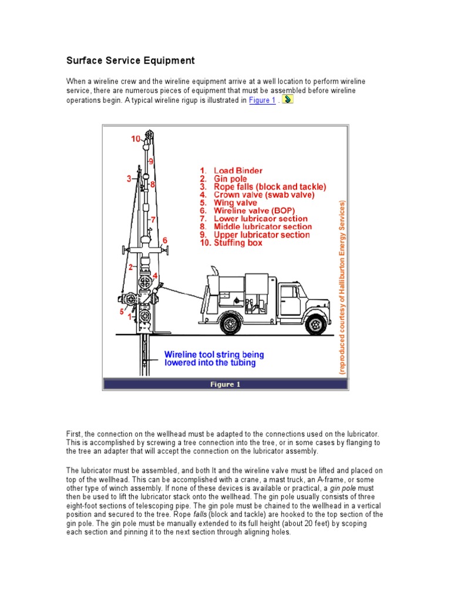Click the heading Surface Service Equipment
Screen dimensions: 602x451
click(x=130, y=61)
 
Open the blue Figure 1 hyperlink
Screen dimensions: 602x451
click(x=262, y=101)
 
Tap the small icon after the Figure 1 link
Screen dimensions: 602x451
click(x=288, y=100)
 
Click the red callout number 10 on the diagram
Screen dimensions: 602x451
click(x=136, y=139)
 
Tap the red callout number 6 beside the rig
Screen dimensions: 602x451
click(x=165, y=240)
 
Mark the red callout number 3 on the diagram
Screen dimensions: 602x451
click(x=129, y=179)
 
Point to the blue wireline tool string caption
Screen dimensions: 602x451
click(x=214, y=359)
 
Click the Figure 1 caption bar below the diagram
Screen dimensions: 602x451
click(x=225, y=384)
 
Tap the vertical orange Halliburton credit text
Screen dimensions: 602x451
click(x=342, y=287)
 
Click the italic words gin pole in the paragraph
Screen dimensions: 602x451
click(x=344, y=489)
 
